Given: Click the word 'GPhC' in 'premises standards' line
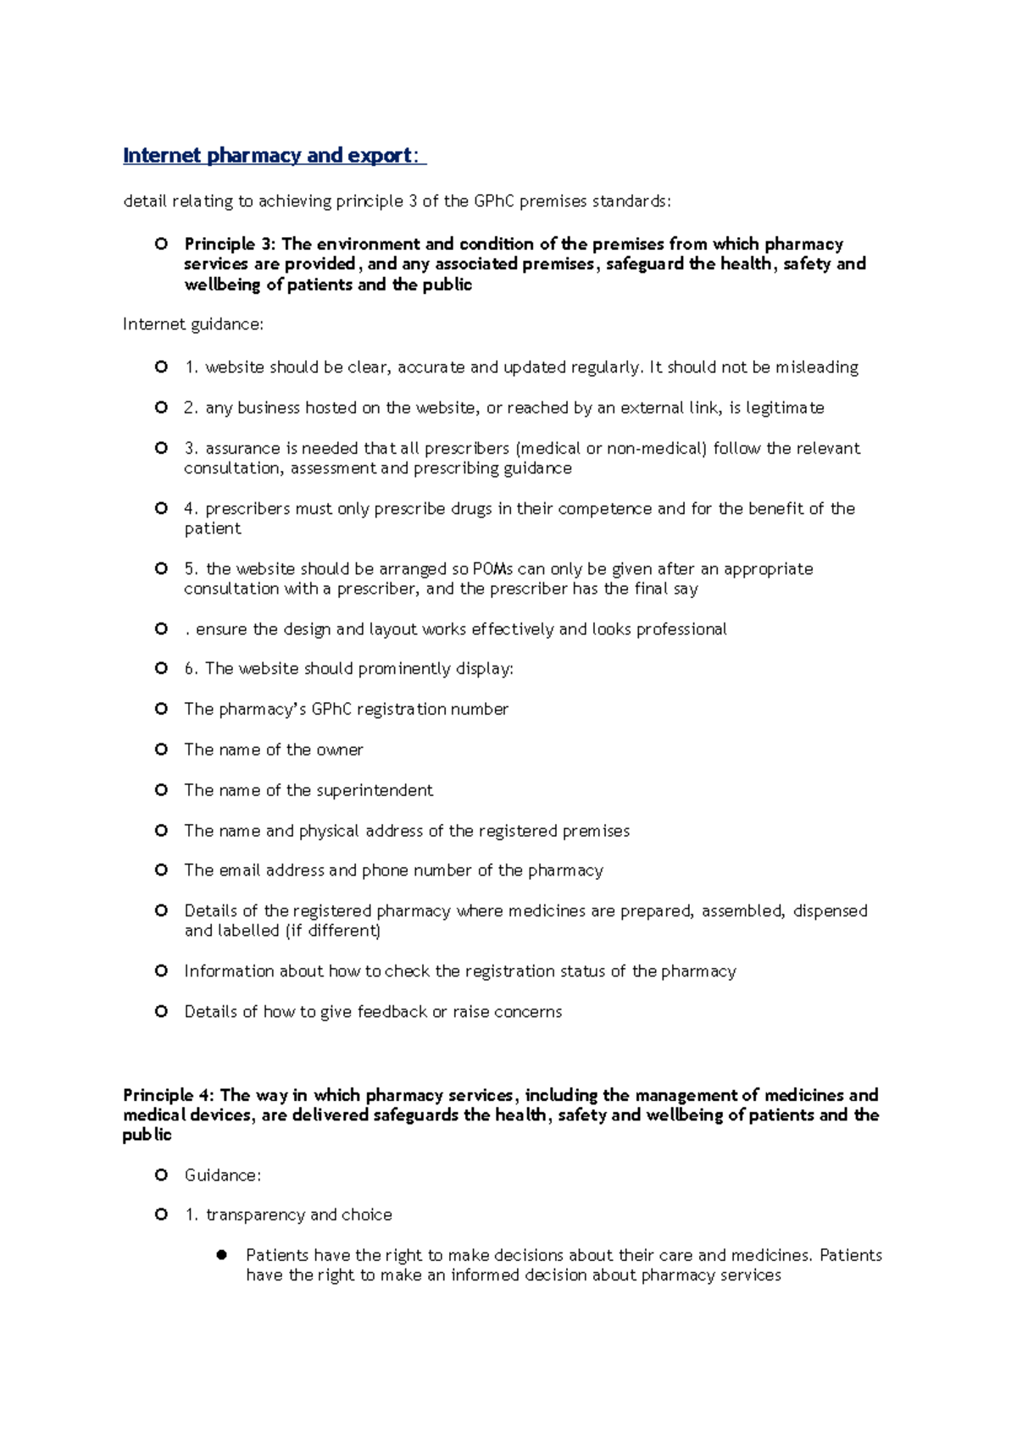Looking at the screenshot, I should [494, 202].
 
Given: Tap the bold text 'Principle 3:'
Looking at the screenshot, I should [230, 245].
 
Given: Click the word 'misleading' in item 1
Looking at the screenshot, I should [817, 368].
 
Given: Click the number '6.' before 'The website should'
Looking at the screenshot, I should [192, 669].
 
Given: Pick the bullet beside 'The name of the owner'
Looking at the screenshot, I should [161, 749].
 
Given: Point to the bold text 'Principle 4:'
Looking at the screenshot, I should [169, 1095].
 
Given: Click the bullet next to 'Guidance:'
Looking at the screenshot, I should [161, 1175].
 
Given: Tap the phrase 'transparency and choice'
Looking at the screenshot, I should [299, 1215].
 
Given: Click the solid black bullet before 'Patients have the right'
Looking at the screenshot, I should [222, 1255].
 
